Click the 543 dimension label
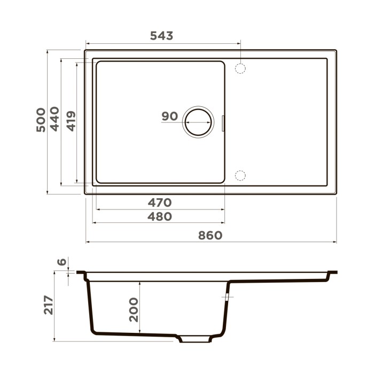tap(161, 36)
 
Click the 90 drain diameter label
tap(169, 116)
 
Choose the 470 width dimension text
tap(160, 202)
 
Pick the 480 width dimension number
tap(160, 216)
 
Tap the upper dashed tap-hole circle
tap(240, 68)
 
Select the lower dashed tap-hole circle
tap(240, 175)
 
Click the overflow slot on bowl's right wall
tap(223, 122)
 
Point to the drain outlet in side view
tap(195, 339)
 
